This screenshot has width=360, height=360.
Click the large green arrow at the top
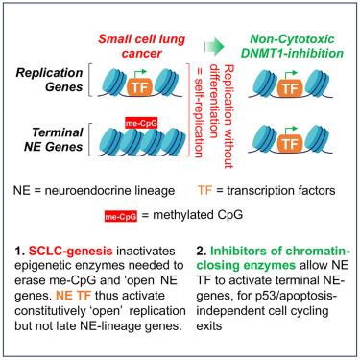click(214, 45)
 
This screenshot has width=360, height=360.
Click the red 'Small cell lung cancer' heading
click(141, 46)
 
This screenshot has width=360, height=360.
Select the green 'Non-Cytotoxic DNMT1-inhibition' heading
click(292, 46)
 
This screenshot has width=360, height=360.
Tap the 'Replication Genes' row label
click(49, 80)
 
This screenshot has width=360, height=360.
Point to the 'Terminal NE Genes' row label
click(54, 139)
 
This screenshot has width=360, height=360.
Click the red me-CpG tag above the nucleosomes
click(141, 123)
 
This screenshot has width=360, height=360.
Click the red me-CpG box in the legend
click(121, 217)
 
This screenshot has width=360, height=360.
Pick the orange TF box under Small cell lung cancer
click(139, 86)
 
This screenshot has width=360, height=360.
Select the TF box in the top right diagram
click(290, 86)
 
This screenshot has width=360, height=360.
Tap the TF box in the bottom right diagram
click(290, 142)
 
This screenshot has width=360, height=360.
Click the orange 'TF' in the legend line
click(205, 191)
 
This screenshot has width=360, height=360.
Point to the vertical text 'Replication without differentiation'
click(221, 116)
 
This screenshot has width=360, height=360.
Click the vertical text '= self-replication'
click(198, 111)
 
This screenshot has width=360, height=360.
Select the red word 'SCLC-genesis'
click(70, 251)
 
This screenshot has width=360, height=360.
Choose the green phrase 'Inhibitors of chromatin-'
click(280, 251)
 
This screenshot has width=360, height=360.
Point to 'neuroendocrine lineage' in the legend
click(109, 191)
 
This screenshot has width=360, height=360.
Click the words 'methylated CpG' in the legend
click(198, 215)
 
